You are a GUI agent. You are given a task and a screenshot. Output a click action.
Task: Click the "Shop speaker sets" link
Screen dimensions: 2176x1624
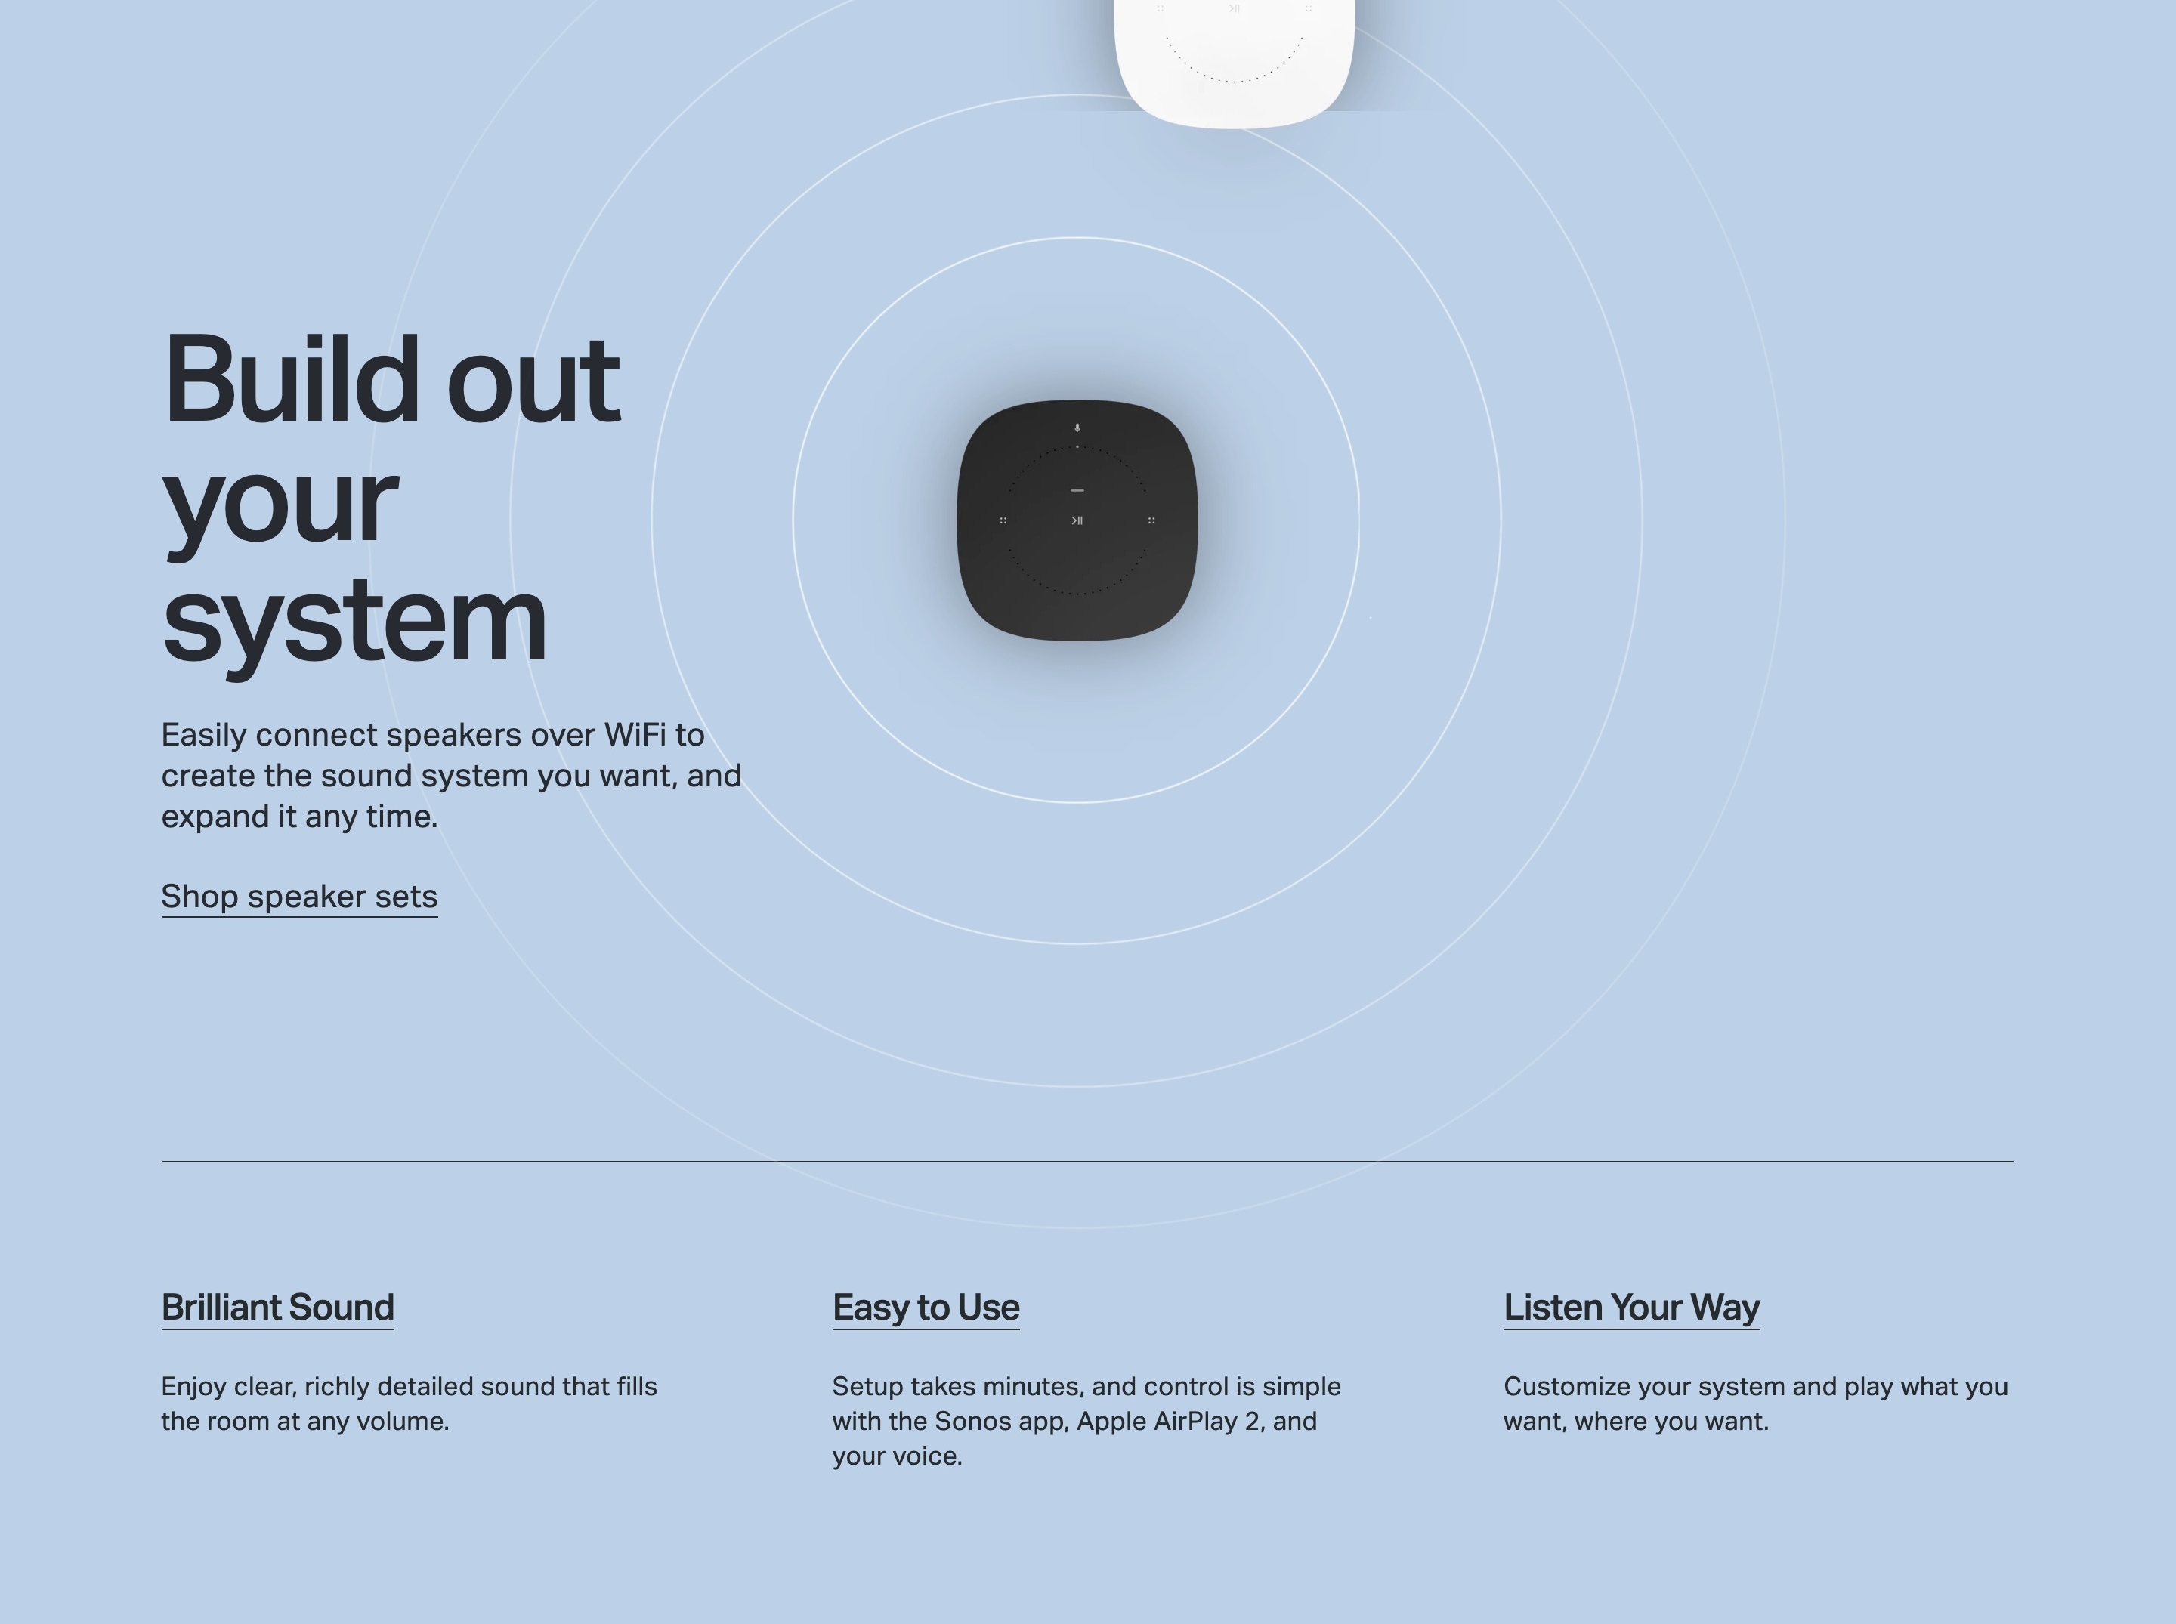click(x=299, y=897)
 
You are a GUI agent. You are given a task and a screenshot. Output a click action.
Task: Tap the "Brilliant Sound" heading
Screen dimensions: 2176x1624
click(x=277, y=1308)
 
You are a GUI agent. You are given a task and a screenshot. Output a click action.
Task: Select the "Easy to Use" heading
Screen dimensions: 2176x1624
click(x=926, y=1308)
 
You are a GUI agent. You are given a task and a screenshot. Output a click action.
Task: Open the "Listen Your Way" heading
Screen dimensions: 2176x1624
click(x=1631, y=1308)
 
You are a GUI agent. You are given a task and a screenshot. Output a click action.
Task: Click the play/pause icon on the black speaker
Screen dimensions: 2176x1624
click(x=1077, y=520)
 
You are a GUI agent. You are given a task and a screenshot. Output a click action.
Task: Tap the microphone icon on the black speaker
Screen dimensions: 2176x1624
click(x=1077, y=428)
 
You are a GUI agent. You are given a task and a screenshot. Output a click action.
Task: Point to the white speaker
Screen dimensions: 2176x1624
click(x=1234, y=59)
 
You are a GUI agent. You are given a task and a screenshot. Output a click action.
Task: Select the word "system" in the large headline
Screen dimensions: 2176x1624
click(x=354, y=622)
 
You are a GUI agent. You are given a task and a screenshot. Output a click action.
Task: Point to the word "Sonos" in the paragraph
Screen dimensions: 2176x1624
click(x=972, y=1422)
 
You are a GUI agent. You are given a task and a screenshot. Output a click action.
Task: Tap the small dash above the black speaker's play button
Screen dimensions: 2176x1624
click(x=1077, y=489)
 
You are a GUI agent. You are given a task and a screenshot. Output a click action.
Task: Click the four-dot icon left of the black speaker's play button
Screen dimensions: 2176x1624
click(x=1003, y=520)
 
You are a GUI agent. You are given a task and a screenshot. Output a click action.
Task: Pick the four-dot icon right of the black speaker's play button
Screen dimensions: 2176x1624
click(x=1151, y=520)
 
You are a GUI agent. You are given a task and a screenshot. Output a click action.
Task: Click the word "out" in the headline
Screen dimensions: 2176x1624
click(x=533, y=382)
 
